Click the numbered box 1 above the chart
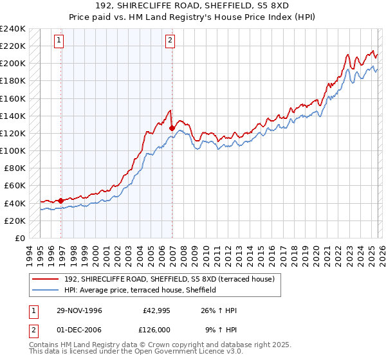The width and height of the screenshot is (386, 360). click(59, 40)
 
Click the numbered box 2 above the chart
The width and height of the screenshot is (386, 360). click(170, 40)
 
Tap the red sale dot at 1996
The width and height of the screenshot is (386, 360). click(60, 201)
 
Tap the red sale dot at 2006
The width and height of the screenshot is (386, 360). click(172, 128)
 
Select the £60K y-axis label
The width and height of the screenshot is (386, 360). click(15, 186)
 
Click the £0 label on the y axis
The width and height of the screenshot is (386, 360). click(19, 238)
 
